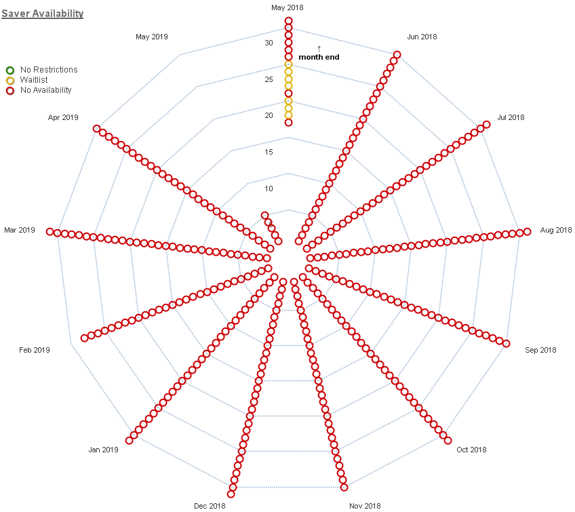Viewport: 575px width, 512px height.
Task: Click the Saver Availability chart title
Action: pos(42,14)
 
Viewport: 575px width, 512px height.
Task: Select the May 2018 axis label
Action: pos(287,7)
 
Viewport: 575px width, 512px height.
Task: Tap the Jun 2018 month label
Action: pos(422,37)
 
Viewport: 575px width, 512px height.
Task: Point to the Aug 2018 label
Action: pos(555,231)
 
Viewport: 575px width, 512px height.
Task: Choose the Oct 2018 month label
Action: pos(471,450)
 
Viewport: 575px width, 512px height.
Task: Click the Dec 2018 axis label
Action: pos(210,506)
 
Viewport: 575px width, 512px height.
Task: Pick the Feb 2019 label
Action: pos(35,350)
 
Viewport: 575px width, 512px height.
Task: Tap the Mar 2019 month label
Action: pos(19,231)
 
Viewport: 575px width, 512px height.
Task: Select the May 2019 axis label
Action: pos(151,37)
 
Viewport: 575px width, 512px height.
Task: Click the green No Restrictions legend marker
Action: pos(9,70)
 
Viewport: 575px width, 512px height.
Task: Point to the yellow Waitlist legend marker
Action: pos(9,80)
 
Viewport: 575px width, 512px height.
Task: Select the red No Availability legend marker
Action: pos(9,90)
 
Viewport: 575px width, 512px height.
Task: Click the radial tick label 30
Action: pos(269,43)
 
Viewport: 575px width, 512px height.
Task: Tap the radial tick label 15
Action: pos(269,152)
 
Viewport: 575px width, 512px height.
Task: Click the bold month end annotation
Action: pos(319,57)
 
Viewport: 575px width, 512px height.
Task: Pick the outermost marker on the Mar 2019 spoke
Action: pos(49,232)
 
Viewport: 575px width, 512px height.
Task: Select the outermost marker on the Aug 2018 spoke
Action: pos(527,232)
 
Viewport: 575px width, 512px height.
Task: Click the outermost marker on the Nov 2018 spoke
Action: pos(344,487)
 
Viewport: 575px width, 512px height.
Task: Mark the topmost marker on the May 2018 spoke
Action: pos(288,21)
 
